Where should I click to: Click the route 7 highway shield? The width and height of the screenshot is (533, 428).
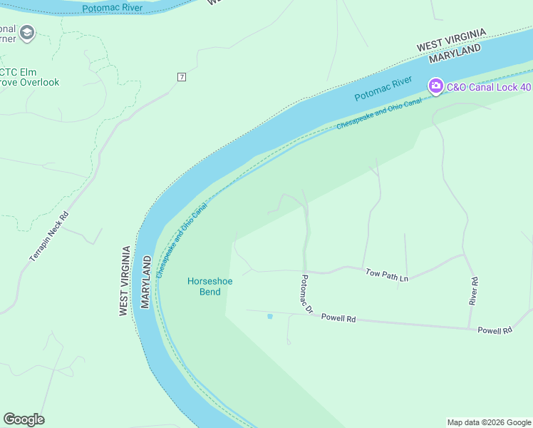coord(182,77)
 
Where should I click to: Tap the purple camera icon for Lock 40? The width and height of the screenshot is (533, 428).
coord(435,86)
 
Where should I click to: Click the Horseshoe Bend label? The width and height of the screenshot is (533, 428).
coord(209,286)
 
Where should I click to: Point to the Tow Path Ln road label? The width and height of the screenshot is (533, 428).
coord(387,273)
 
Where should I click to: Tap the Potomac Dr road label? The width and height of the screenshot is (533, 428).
coord(307,295)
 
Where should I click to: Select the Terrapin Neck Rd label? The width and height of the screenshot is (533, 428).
coord(48,236)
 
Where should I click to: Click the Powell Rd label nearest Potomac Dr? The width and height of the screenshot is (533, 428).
coord(338,318)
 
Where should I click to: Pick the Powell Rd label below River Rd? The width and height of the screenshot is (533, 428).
coord(495,330)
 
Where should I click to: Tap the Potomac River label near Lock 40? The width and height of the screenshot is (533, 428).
coord(383,89)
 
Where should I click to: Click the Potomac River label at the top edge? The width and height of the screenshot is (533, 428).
coord(112,9)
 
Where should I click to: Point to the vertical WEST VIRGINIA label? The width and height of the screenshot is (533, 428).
coord(124,281)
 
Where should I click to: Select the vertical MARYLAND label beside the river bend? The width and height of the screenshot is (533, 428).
coord(146,281)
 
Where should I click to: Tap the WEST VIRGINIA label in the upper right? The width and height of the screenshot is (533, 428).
coord(451,40)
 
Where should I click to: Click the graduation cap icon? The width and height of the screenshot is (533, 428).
coord(27,33)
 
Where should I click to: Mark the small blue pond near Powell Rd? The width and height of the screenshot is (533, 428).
coord(269,316)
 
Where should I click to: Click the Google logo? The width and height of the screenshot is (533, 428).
coord(24,419)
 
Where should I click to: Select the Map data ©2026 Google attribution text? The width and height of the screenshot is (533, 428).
coord(489,422)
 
